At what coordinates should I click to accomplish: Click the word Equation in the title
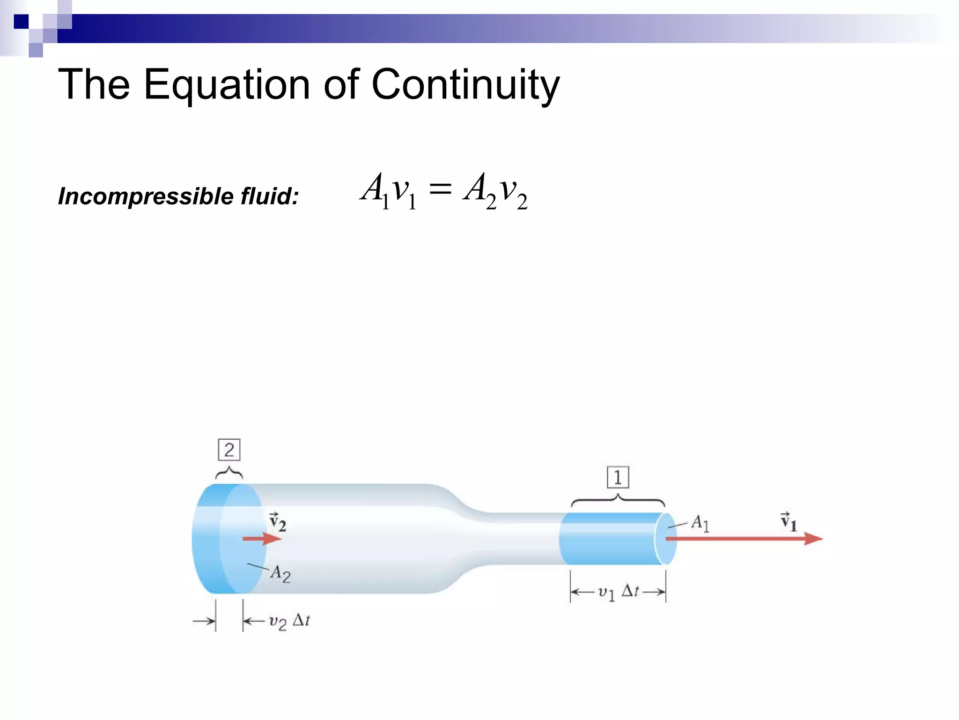coord(227,85)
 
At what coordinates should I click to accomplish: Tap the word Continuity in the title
coord(465,85)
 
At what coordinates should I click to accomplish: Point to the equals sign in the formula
coord(440,190)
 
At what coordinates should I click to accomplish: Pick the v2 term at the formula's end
coord(513,191)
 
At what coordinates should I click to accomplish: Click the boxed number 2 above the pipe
coord(229,450)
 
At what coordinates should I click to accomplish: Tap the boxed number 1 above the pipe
coord(618,478)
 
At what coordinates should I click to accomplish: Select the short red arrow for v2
coord(262,539)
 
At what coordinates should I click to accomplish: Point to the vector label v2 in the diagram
coord(277,522)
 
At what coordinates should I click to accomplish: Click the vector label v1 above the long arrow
coord(788,521)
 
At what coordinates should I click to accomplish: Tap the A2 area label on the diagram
coord(280,574)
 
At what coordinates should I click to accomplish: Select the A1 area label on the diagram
coord(700,523)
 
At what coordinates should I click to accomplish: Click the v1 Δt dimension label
coord(618,592)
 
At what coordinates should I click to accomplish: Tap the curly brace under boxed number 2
coord(229,472)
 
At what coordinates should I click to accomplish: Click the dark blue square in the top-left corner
coord(21,22)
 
